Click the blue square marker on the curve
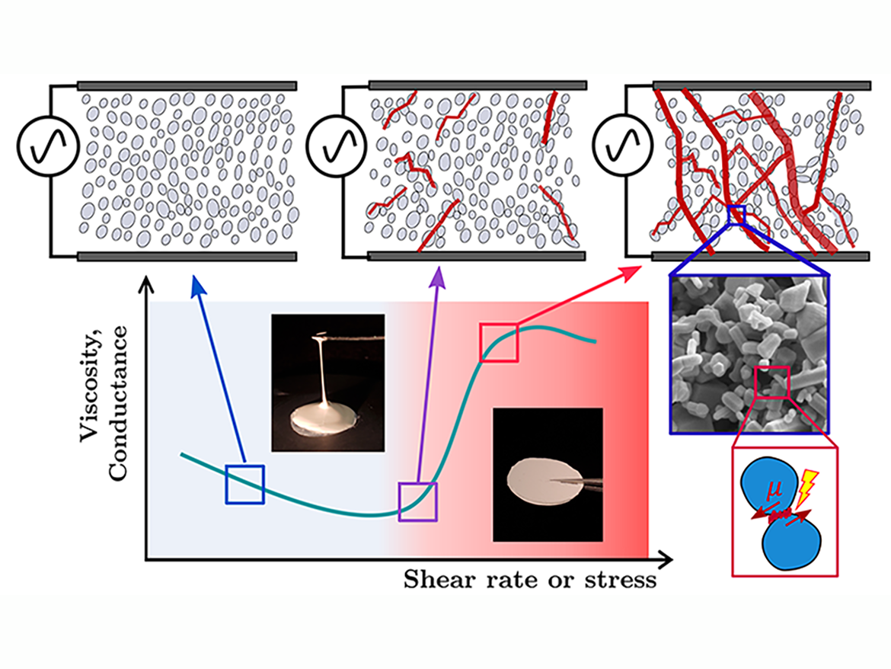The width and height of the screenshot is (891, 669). [x=244, y=484]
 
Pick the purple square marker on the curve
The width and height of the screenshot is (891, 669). [x=418, y=501]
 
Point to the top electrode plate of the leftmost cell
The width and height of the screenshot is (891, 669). [x=187, y=85]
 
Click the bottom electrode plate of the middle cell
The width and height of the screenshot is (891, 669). [x=477, y=256]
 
